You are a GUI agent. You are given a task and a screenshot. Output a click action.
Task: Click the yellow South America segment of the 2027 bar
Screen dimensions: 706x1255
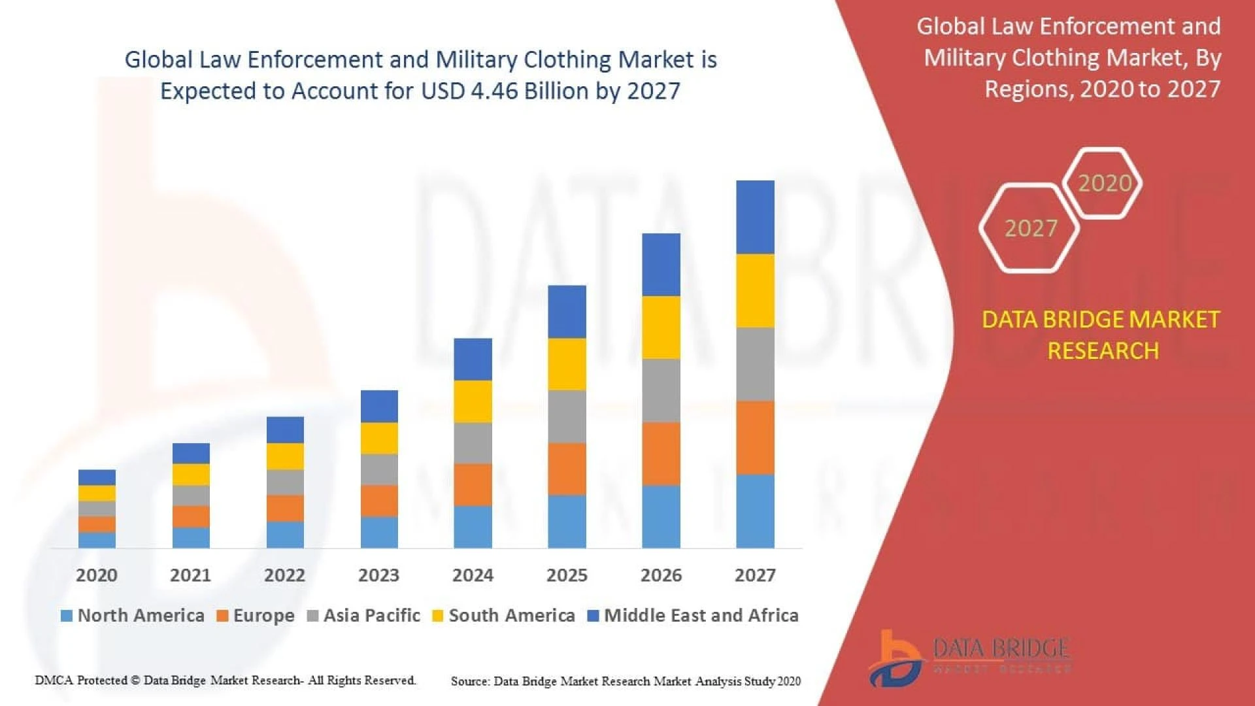click(755, 290)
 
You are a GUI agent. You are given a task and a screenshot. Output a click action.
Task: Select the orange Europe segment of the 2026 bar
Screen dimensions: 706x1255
click(661, 453)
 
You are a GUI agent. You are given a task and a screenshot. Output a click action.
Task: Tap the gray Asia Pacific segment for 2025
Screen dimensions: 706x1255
click(567, 416)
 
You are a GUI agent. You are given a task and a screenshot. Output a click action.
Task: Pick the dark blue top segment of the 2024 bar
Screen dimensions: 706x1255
click(473, 359)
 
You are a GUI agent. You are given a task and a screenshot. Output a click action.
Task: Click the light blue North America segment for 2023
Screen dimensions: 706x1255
click(379, 532)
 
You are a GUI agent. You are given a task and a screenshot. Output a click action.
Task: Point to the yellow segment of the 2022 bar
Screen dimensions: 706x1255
click(285, 456)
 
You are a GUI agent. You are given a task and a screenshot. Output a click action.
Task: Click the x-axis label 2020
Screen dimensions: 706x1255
click(97, 575)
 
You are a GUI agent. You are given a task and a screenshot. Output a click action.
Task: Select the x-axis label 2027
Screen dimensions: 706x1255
click(755, 575)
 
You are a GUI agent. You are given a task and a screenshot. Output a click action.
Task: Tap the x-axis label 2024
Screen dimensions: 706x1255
click(473, 575)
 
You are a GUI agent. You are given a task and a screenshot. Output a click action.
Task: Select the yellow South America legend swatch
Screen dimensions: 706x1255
click(438, 616)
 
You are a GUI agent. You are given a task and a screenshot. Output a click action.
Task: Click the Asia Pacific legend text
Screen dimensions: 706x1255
click(371, 615)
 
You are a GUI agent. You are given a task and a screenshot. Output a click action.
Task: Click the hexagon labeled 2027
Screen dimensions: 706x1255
click(1030, 228)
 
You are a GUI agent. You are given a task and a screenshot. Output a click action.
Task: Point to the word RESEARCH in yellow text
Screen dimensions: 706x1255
click(1103, 351)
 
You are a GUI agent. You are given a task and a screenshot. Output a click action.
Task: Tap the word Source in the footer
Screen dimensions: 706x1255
click(470, 681)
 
